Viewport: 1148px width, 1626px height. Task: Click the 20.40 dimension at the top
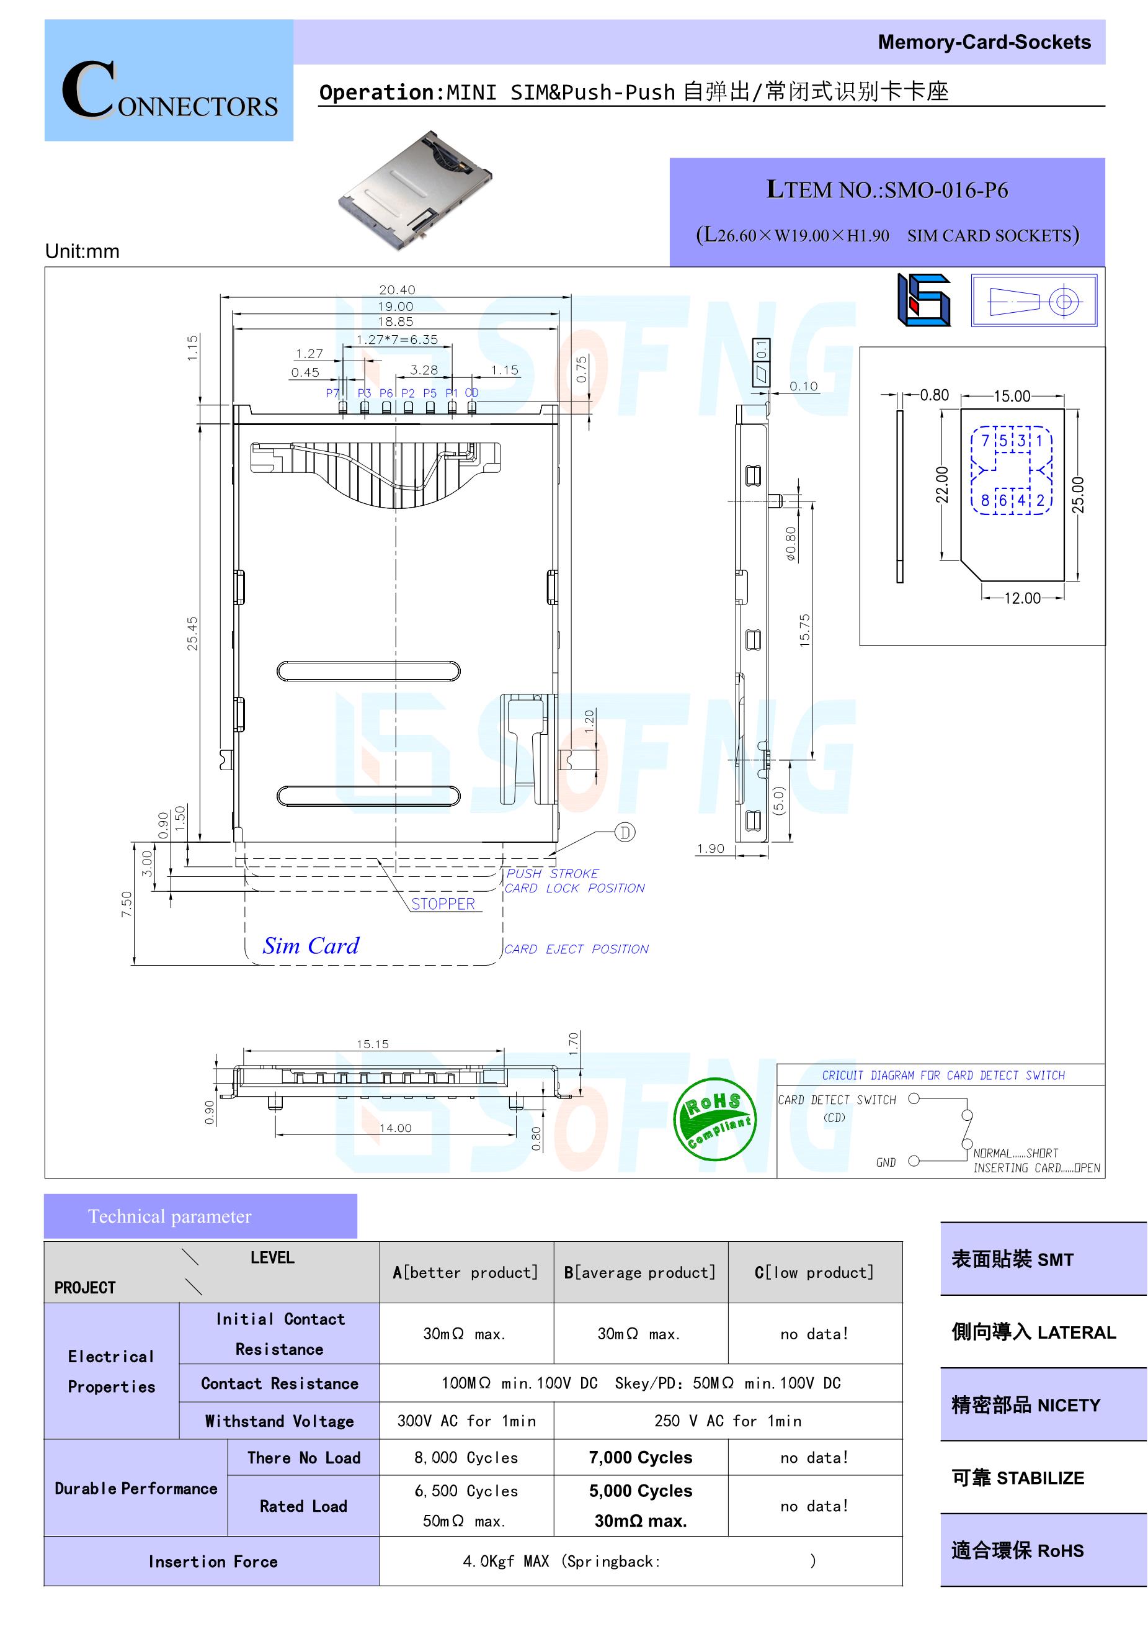[x=397, y=290]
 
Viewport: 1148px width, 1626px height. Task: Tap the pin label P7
[x=332, y=393]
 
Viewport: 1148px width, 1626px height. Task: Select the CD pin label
[x=471, y=392]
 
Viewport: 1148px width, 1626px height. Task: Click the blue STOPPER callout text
[x=443, y=904]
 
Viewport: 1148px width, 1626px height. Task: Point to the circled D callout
[x=625, y=832]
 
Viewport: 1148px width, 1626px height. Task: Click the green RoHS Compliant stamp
[x=714, y=1120]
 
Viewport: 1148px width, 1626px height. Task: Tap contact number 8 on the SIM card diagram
[x=984, y=501]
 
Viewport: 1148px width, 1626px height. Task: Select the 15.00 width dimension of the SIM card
[x=1012, y=396]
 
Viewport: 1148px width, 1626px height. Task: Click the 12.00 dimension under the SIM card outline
[x=1023, y=598]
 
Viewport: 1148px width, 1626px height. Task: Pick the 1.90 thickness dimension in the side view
[x=711, y=848]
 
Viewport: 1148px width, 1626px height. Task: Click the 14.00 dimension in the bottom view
[x=395, y=1128]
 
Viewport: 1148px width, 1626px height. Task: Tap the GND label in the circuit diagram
[x=886, y=1162]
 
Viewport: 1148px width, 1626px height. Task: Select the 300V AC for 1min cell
[x=466, y=1421]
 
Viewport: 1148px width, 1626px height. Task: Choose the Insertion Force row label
[x=212, y=1561]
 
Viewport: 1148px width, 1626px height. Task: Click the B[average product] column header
[x=640, y=1273]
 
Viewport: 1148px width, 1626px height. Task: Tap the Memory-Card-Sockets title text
[x=984, y=42]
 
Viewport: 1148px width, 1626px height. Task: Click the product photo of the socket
[x=416, y=189]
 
